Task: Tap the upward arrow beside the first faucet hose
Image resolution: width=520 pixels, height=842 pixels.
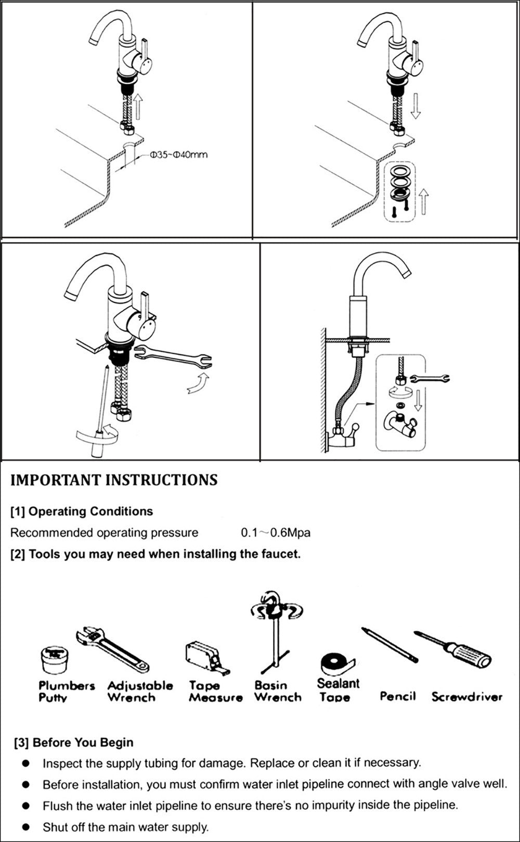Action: click(x=138, y=107)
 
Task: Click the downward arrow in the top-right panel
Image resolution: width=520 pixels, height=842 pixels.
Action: click(x=414, y=106)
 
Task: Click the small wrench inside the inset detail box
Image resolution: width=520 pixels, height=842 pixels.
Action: click(x=431, y=378)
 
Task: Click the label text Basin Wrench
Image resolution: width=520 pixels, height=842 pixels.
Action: click(x=278, y=692)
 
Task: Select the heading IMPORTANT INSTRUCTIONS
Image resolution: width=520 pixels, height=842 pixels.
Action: click(x=114, y=480)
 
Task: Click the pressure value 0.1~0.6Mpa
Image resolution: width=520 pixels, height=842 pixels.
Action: click(x=275, y=533)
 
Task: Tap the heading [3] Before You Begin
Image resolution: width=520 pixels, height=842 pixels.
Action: click(x=73, y=743)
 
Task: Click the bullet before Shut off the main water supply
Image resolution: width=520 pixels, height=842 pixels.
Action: click(x=25, y=826)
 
